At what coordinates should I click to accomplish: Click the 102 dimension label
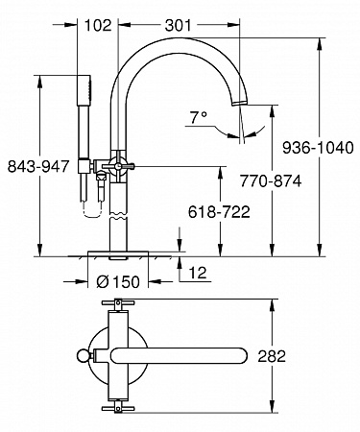coord(98,25)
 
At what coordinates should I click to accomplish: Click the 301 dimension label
coord(178,25)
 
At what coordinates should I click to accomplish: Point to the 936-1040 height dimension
coord(318,148)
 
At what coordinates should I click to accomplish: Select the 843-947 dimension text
coord(38,166)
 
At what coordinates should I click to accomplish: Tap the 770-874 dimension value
coord(271,181)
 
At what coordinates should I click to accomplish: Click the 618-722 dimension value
coord(219,212)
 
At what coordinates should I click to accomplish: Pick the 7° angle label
coord(199,117)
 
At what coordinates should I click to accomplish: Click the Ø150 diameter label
coord(118,281)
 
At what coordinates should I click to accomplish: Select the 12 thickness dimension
coord(198,273)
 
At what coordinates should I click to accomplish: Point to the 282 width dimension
coord(272,356)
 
